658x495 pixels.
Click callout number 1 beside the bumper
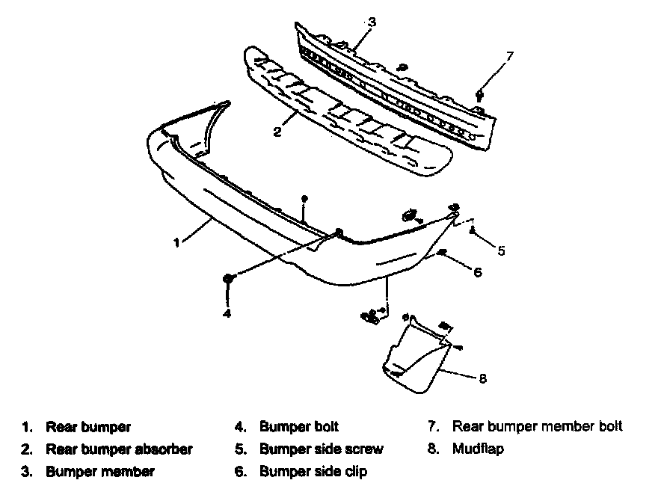coord(177,242)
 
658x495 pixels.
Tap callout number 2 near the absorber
coord(277,132)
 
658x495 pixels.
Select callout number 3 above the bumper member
coord(372,22)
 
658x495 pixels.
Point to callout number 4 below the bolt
coord(227,313)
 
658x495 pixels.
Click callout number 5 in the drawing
coord(501,250)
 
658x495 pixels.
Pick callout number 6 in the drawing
coord(477,272)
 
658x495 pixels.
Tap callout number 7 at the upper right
coord(510,55)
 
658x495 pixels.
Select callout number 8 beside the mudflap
coord(482,378)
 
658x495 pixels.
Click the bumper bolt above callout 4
coord(228,279)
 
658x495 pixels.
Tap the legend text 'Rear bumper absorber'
coord(119,449)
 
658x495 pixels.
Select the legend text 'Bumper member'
coord(100,472)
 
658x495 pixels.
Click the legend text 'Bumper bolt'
coord(299,427)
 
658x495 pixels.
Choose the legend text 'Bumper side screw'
coord(322,449)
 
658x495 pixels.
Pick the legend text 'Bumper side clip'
coord(313,472)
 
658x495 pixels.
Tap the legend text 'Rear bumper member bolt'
coord(537,427)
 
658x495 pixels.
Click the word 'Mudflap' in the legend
coord(478,449)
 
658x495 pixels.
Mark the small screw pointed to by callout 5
coord(473,231)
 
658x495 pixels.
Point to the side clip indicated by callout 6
coord(443,253)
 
